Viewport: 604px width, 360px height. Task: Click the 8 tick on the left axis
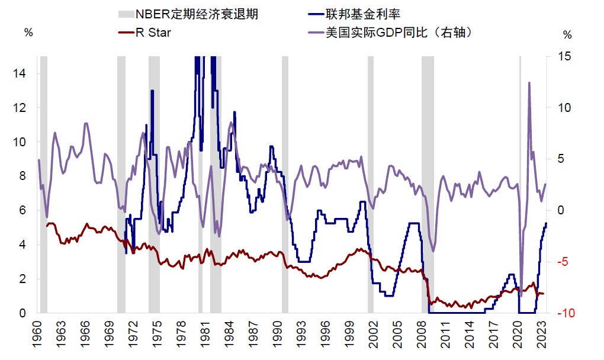point(23,176)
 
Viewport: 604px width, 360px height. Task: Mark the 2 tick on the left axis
point(23,279)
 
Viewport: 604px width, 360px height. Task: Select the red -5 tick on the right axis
point(566,262)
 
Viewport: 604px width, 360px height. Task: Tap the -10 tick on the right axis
point(566,313)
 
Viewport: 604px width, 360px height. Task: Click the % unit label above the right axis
point(568,34)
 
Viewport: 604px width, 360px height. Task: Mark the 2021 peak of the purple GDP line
point(529,83)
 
